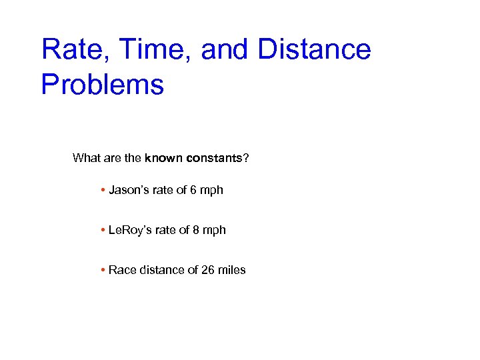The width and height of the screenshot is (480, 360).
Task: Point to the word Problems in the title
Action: click(x=102, y=85)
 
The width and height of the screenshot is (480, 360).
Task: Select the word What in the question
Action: click(x=87, y=158)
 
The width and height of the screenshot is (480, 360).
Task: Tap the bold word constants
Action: click(x=215, y=158)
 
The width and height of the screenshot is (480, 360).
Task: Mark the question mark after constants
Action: click(x=247, y=158)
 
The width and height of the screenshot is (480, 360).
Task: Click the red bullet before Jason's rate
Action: click(x=103, y=191)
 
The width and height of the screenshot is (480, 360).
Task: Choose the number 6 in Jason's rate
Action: click(x=193, y=190)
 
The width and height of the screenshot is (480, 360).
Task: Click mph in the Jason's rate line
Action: click(x=211, y=191)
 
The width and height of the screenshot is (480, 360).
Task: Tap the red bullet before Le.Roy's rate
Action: click(x=103, y=231)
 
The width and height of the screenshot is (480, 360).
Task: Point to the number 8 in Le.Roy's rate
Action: click(x=196, y=230)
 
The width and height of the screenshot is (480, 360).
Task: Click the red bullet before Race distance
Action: click(x=103, y=271)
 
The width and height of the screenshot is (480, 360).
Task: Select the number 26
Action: click(x=209, y=270)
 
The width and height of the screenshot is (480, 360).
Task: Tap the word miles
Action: click(x=232, y=270)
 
